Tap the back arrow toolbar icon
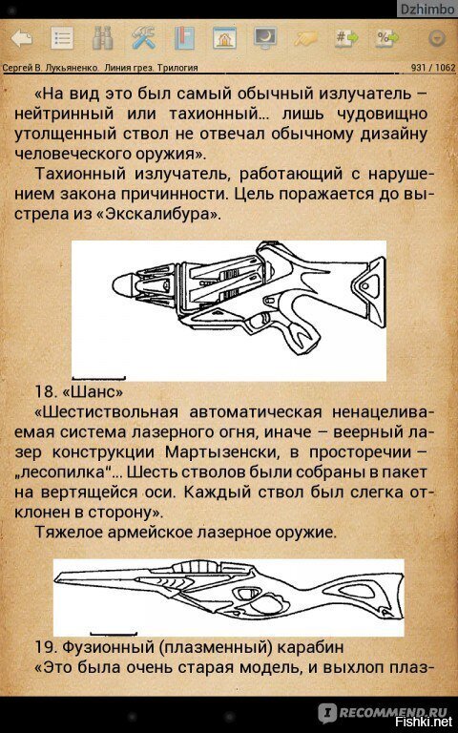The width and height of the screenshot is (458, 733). point(22,39)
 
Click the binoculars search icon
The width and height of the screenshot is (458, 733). point(102,39)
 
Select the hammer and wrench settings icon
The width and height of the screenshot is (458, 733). point(143,38)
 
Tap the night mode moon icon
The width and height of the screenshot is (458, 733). point(265,38)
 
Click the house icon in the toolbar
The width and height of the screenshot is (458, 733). point(224,38)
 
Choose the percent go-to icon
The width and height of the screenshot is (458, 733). point(387,38)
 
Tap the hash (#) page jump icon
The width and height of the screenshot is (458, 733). point(346,38)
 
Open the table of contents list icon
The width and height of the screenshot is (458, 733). point(62,39)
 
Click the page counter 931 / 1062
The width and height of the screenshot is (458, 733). point(433,68)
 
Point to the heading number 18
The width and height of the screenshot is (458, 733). point(45,390)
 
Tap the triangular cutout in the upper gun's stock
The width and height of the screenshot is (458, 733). point(367,283)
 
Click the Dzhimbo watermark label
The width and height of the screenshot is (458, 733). point(427,10)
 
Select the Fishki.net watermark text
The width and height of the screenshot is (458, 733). point(425,722)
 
